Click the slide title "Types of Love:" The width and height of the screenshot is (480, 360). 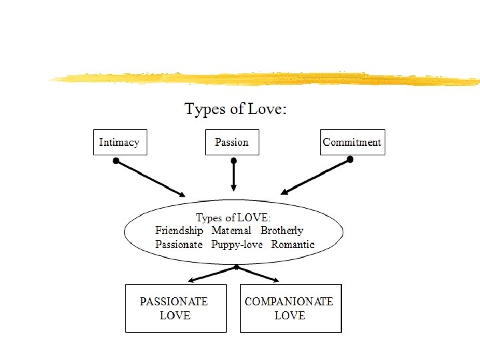tap(235, 109)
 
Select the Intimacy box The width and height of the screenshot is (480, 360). tap(119, 142)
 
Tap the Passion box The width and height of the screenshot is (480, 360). tap(231, 142)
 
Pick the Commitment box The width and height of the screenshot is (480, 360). tap(352, 142)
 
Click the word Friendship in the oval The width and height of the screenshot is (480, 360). tap(179, 231)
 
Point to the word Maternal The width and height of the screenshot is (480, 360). tap(231, 231)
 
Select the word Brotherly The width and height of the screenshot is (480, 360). tap(281, 231)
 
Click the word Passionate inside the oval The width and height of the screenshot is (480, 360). tap(179, 245)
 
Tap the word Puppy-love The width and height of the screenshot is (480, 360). tap(237, 245)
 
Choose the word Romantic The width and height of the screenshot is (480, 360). tap(293, 245)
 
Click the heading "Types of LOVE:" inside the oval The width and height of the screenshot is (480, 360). tap(233, 217)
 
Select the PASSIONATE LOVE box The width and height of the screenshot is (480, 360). tap(175, 308)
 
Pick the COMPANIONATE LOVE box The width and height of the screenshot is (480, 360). tap(290, 308)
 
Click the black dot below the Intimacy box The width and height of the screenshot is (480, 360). tap(116, 161)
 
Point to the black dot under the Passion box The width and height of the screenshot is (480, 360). tap(233, 161)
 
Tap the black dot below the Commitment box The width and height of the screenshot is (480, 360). tap(351, 160)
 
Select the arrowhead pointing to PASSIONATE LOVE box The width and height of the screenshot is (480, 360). tap(191, 280)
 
